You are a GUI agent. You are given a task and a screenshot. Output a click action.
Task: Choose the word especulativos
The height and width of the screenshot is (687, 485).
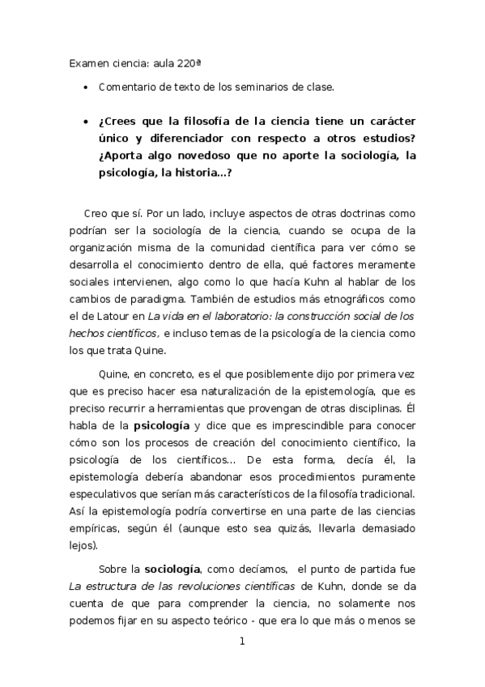click(x=108, y=493)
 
